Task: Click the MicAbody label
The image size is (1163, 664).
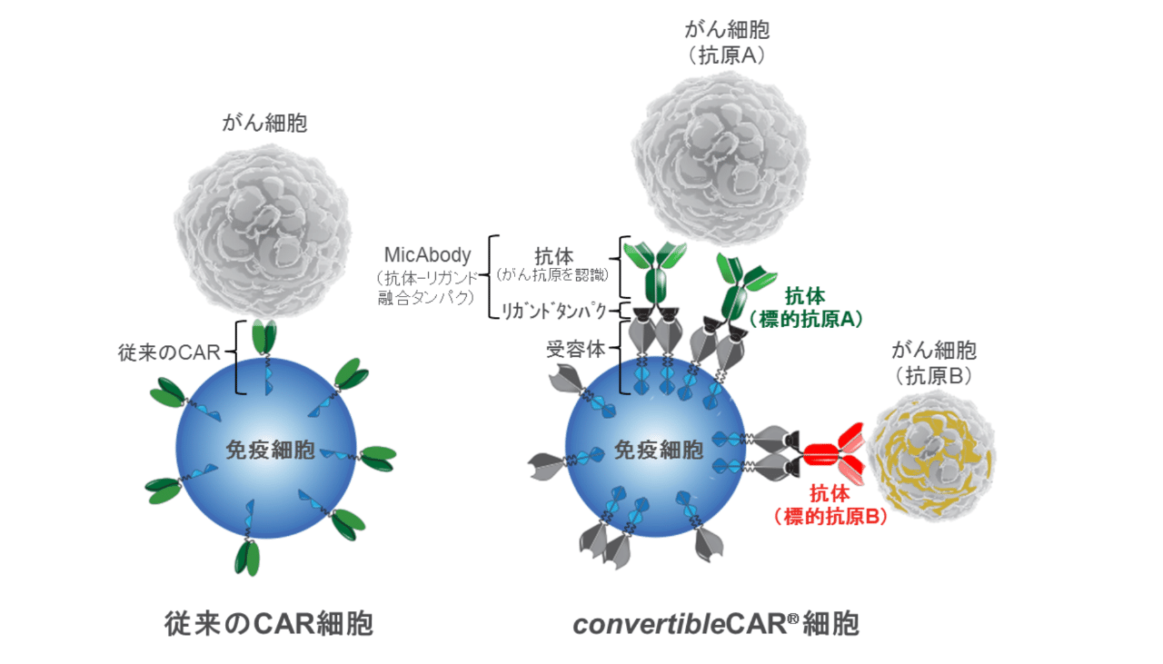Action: point(427,255)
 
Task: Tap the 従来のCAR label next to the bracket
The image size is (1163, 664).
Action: point(169,352)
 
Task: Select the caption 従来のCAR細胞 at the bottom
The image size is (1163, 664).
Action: point(269,623)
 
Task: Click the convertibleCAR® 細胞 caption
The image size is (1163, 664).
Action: point(716,623)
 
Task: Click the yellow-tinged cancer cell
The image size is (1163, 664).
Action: point(933,455)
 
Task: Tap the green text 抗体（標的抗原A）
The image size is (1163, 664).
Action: point(805,308)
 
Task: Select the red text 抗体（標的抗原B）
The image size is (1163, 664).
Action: point(830,505)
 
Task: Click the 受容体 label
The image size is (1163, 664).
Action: point(575,350)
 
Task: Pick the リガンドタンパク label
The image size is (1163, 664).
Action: point(553,311)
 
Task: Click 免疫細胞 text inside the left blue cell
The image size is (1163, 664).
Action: point(270,450)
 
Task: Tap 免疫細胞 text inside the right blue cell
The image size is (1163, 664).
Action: point(659,450)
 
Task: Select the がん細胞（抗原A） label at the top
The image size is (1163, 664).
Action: point(726,42)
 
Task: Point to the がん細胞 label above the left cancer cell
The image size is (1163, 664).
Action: point(264,123)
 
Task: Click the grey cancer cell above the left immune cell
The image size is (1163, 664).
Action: point(263,232)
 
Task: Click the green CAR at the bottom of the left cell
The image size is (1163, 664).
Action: point(247,557)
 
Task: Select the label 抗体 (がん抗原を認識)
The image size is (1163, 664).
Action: point(553,264)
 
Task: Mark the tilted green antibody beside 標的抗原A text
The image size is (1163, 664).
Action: point(743,288)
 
